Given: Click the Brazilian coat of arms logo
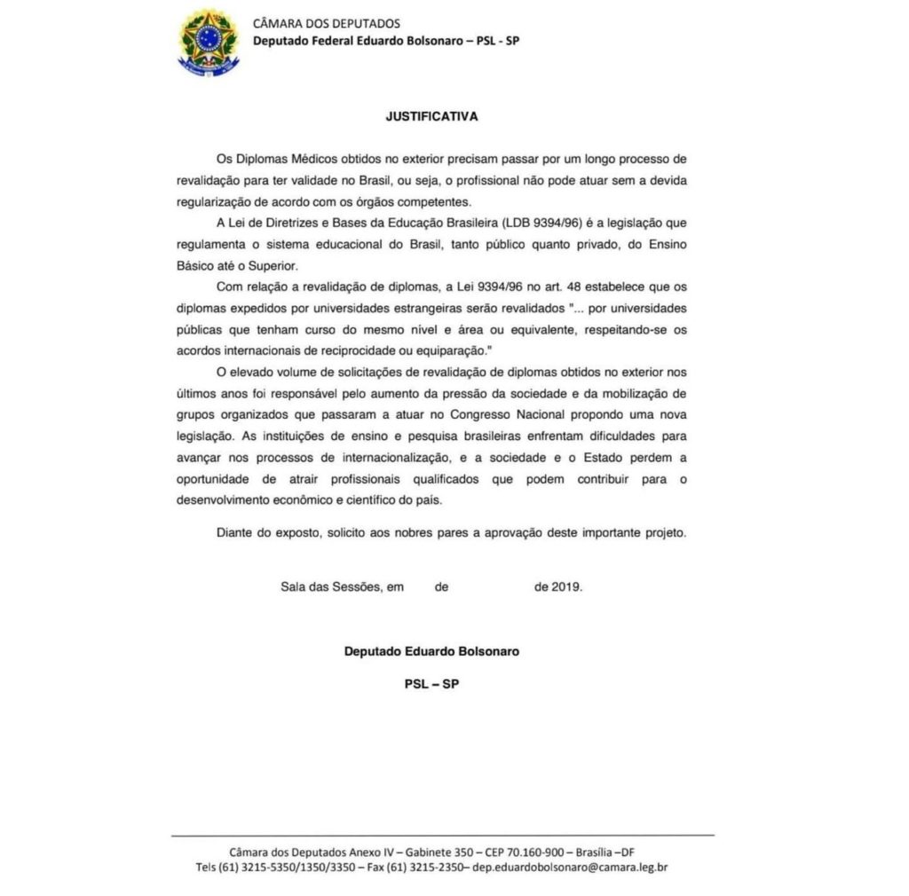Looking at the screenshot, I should coord(209,41).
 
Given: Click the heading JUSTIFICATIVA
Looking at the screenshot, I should coord(431,116).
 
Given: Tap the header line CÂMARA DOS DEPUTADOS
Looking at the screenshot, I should coord(326,23).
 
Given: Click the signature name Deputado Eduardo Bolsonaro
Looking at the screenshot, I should coord(431,650).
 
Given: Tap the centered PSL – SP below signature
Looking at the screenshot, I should coord(431,684).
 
